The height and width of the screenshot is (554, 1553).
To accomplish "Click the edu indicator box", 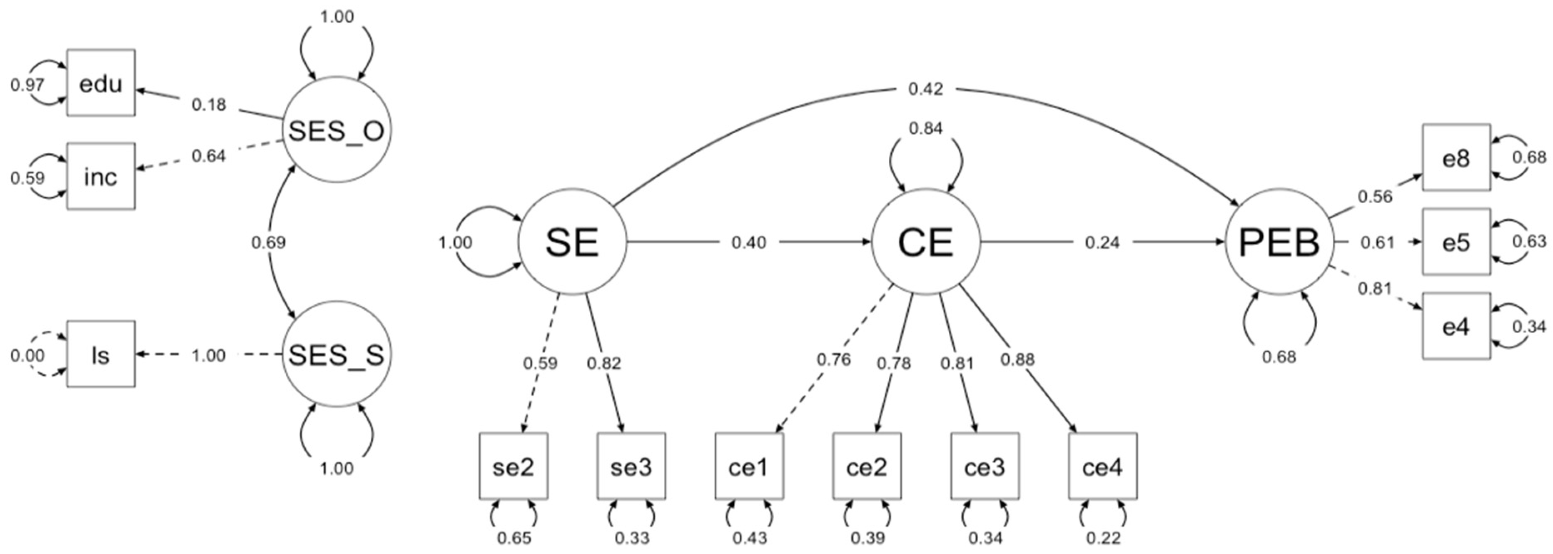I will pyautogui.click(x=101, y=83).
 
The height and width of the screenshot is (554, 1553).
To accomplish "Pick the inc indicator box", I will pyautogui.click(x=101, y=177).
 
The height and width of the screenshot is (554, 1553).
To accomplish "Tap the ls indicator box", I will pyautogui.click(x=101, y=354).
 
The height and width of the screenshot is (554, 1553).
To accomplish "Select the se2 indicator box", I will pyautogui.click(x=514, y=467).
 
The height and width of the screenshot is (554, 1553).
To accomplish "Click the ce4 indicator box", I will pyautogui.click(x=1103, y=467).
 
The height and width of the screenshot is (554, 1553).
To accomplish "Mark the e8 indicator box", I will pyautogui.click(x=1456, y=158).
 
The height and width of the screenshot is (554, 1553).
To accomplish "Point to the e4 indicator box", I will pyautogui.click(x=1456, y=326).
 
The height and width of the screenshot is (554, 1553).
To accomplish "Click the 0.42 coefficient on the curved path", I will pyautogui.click(x=925, y=89).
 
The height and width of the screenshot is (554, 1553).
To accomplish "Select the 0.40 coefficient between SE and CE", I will pyautogui.click(x=749, y=242).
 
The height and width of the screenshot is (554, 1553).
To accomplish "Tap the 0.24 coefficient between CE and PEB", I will pyautogui.click(x=1102, y=242).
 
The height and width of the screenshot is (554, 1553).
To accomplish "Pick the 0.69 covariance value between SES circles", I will pyautogui.click(x=268, y=242).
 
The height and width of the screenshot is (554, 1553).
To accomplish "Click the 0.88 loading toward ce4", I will pyautogui.click(x=1018, y=359).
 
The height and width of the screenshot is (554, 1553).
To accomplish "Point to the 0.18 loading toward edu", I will pyautogui.click(x=209, y=105).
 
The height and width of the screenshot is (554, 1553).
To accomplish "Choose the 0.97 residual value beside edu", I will pyautogui.click(x=27, y=85).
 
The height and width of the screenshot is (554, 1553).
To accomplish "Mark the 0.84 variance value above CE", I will pyautogui.click(x=925, y=128).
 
